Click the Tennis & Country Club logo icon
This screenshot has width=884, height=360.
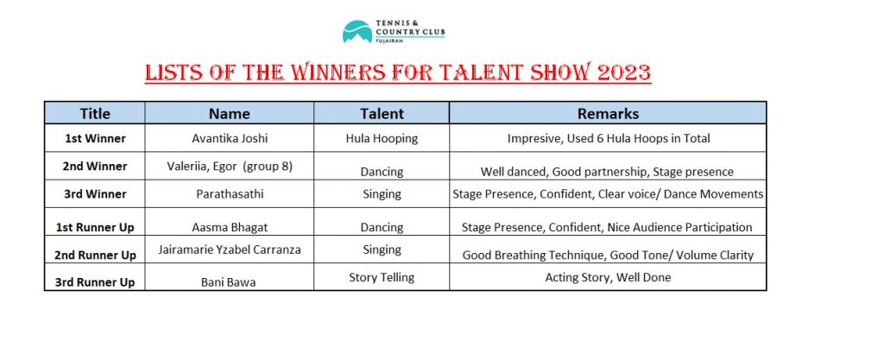click(357, 32)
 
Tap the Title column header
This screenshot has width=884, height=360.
click(95, 113)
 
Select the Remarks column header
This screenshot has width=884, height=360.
click(608, 113)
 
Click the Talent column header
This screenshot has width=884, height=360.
click(382, 113)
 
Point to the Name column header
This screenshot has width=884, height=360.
click(229, 113)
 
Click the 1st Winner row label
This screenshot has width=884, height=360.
click(95, 139)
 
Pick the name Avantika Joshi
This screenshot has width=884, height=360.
click(229, 138)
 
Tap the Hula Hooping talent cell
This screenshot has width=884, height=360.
click(382, 139)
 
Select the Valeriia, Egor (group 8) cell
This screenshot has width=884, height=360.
click(230, 167)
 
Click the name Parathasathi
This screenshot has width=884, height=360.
click(230, 194)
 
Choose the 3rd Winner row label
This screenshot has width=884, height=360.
click(95, 194)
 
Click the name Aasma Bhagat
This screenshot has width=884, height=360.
click(230, 228)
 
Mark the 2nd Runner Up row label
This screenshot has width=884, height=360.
click(95, 256)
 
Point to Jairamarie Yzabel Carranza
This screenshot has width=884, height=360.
click(230, 249)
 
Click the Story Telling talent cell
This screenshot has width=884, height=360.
click(382, 278)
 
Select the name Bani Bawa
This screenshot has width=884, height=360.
click(228, 282)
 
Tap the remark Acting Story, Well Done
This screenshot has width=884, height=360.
click(608, 278)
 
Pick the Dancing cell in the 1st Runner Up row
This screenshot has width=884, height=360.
click(382, 228)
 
